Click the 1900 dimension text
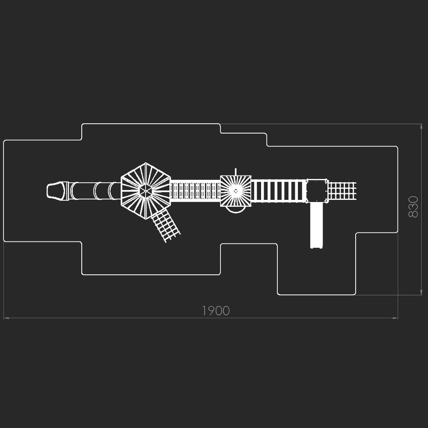216,311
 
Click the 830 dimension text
413,207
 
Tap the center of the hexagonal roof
146,191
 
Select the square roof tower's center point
235,191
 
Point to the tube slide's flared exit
56,191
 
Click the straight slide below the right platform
316,224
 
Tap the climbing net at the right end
342,191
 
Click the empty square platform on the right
317,191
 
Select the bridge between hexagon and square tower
196,191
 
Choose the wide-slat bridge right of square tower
279,191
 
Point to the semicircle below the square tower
236,210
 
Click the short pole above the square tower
235,172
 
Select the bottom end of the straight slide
316,246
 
